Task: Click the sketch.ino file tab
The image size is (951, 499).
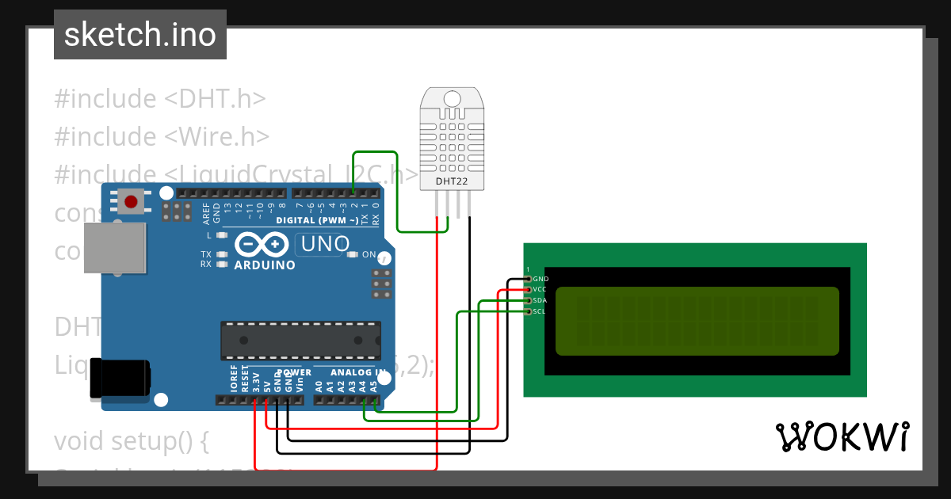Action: [140, 35]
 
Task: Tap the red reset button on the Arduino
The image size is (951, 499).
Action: [131, 203]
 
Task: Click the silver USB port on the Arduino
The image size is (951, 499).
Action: [116, 247]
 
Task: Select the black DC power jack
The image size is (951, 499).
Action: [119, 379]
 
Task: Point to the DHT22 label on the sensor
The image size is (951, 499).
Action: [452, 181]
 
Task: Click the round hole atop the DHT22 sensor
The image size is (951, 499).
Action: [452, 99]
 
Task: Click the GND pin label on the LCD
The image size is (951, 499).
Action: [540, 279]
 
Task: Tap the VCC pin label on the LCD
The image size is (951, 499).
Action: [540, 290]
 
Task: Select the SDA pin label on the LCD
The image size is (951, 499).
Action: [540, 300]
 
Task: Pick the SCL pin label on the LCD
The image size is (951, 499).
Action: [539, 311]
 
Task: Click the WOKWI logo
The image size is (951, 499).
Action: [842, 437]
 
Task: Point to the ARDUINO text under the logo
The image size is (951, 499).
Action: [265, 265]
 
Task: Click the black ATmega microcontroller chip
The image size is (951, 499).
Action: [300, 341]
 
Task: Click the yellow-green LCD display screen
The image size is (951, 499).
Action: [697, 321]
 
